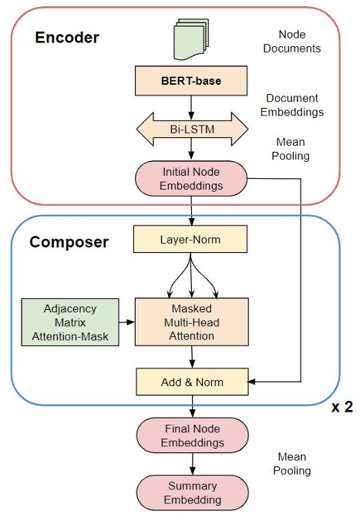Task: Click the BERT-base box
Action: pos(190,79)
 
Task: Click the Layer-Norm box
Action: pos(190,240)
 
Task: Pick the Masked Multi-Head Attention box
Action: pos(190,321)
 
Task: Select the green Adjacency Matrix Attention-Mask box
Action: pos(69,321)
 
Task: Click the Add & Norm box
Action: pos(190,380)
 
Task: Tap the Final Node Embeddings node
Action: pos(190,436)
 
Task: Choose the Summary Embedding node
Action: pos(190,493)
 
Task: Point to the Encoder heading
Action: pos(68,38)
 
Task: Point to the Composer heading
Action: pos(69,242)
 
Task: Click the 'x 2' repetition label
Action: pos(341,407)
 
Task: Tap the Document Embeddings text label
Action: pos(294,106)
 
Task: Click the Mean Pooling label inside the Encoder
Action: pos(291,150)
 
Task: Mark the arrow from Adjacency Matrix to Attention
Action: pos(126,321)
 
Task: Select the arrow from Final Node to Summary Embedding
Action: pos(190,464)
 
